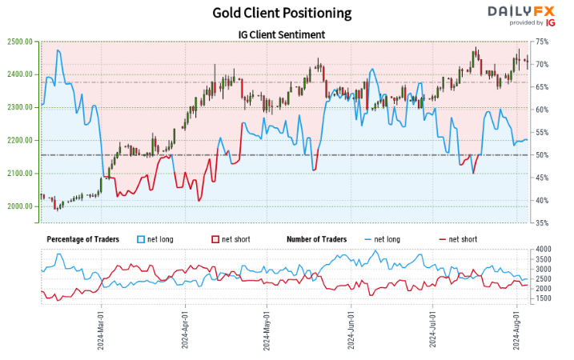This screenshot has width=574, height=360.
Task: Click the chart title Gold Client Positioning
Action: [x=282, y=13]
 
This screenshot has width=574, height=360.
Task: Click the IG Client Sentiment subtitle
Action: [x=282, y=34]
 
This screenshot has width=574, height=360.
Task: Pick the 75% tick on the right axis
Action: [x=542, y=42]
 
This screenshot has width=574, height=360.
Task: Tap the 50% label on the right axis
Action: [x=542, y=155]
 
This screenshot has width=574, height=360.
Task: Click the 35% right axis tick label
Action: [x=542, y=223]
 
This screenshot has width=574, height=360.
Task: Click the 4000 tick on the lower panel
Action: [x=543, y=250]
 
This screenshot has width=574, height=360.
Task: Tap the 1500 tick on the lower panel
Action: [x=543, y=298]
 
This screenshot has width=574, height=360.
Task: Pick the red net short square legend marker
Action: [x=215, y=239]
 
